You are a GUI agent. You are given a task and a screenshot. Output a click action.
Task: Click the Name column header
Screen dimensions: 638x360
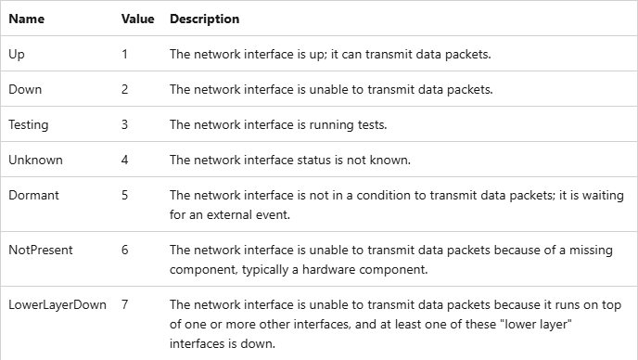[x=27, y=19]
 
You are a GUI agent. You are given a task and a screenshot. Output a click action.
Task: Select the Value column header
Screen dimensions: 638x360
[x=137, y=19]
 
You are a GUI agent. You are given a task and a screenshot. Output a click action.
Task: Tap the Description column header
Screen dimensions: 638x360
[x=204, y=19]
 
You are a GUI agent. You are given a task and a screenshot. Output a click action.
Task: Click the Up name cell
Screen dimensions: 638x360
[x=17, y=55]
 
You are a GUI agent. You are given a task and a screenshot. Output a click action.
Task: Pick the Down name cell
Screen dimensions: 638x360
[x=25, y=89]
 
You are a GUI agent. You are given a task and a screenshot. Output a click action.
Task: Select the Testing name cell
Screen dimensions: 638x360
[x=29, y=125]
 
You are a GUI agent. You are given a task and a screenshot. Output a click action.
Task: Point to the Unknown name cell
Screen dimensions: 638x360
[x=35, y=160]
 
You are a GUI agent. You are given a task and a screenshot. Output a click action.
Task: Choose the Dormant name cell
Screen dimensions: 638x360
[x=33, y=195]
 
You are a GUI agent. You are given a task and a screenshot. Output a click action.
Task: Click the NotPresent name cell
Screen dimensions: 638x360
[x=41, y=250]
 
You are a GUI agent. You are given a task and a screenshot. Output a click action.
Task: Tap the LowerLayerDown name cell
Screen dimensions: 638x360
[x=57, y=305]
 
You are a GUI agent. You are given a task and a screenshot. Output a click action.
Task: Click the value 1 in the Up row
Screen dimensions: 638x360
[x=124, y=54]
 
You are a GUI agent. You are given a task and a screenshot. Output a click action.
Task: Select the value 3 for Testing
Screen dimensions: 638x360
[x=124, y=124]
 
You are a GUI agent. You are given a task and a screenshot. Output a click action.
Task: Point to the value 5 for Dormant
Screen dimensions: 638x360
[x=124, y=195]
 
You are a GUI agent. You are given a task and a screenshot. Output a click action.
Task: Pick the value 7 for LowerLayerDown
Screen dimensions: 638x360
[x=124, y=304]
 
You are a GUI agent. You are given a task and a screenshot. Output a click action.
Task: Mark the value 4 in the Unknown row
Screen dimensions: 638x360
[x=124, y=160]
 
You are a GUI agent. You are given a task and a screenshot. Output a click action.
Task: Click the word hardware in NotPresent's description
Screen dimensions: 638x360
[x=328, y=270]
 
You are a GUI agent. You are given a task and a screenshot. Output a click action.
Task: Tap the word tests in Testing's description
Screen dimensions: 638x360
[x=372, y=124]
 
